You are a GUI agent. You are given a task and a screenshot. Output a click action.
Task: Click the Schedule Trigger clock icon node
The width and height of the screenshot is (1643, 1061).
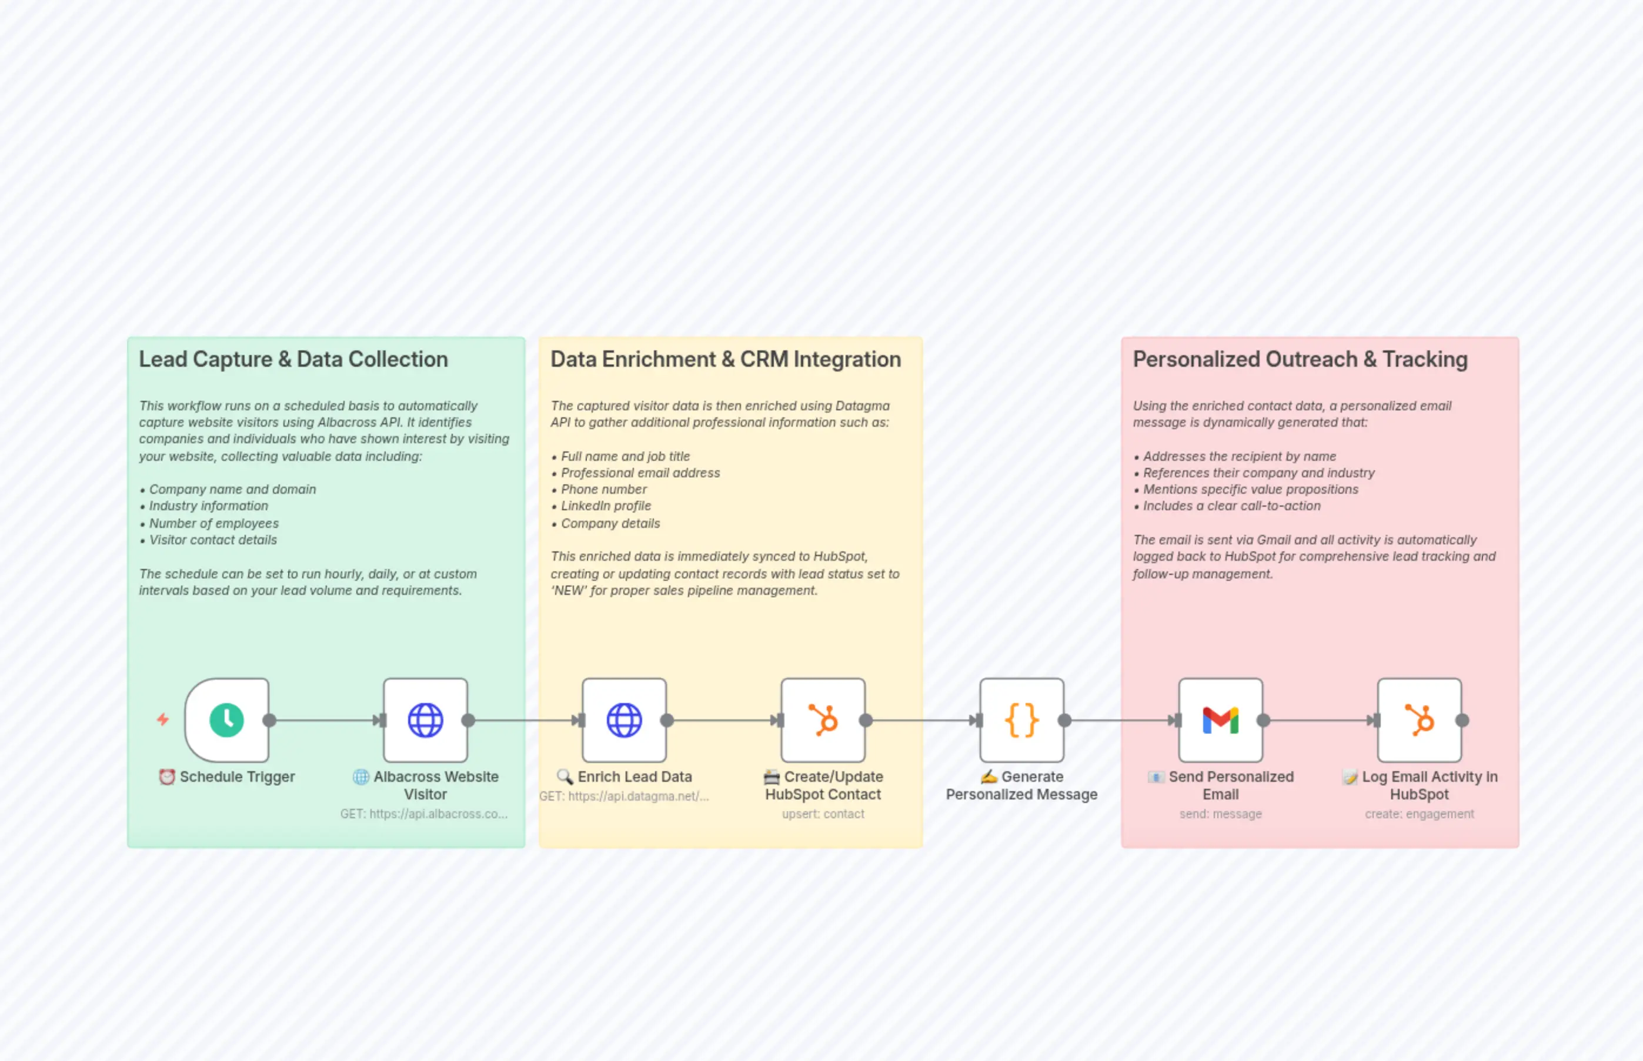click(x=227, y=720)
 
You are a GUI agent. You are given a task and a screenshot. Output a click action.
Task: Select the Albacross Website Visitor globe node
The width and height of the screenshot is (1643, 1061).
click(x=425, y=720)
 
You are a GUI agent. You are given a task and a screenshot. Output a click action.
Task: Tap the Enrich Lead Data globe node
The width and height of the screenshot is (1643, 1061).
click(x=625, y=720)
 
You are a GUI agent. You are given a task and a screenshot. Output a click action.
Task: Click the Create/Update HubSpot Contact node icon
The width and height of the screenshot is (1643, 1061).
click(x=823, y=720)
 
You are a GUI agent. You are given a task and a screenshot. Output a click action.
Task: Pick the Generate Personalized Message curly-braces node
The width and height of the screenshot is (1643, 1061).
click(x=1021, y=720)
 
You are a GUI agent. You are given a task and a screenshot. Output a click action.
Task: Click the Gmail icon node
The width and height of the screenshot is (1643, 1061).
click(x=1221, y=720)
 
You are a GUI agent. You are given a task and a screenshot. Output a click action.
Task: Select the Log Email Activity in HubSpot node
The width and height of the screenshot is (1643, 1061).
click(x=1419, y=720)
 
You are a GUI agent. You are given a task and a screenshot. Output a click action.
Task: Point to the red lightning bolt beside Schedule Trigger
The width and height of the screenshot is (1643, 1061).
click(x=163, y=719)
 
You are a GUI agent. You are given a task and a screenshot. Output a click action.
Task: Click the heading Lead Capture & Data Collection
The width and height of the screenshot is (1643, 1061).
click(x=293, y=359)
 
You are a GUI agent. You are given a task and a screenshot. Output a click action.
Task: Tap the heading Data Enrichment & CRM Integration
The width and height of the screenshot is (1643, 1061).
click(x=726, y=359)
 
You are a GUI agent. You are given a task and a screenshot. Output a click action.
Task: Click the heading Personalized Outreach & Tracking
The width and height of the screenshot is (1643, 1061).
click(x=1300, y=359)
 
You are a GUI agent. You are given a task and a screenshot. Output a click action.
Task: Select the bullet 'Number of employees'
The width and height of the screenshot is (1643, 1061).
click(x=213, y=523)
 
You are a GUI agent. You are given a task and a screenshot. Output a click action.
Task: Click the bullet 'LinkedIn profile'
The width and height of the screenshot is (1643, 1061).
click(x=606, y=506)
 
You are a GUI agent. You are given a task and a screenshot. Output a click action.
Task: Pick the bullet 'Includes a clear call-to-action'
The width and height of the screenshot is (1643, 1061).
click(x=1231, y=506)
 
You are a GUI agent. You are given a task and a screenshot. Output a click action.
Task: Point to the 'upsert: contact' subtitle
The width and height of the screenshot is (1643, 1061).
click(x=823, y=814)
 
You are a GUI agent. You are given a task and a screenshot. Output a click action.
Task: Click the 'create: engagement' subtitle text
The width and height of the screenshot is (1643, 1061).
click(x=1419, y=814)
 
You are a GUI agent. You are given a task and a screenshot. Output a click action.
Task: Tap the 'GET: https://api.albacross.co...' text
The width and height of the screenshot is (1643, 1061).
click(x=424, y=814)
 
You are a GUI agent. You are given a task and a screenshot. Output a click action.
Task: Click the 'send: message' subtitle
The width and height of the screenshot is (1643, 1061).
click(x=1221, y=814)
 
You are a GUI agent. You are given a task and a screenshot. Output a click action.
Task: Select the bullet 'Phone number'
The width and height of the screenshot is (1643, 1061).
click(x=604, y=489)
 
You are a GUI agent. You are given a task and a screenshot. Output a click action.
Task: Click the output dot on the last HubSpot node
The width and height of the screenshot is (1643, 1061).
click(x=1462, y=720)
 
